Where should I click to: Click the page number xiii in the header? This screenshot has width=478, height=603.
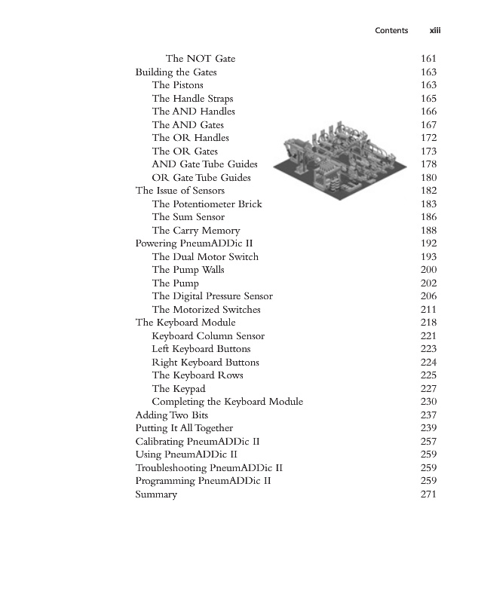pyautogui.click(x=434, y=31)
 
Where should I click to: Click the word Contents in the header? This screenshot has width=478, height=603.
pyautogui.click(x=392, y=31)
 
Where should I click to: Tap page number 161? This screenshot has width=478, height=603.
pyautogui.click(x=427, y=59)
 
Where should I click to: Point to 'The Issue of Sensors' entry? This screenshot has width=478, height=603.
pyautogui.click(x=179, y=191)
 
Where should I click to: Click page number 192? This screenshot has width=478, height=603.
pyautogui.click(x=427, y=243)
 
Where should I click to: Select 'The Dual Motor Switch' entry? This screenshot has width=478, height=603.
pyautogui.click(x=205, y=257)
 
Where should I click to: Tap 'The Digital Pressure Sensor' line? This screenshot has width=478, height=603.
pyautogui.click(x=212, y=296)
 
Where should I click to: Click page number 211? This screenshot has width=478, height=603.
pyautogui.click(x=427, y=310)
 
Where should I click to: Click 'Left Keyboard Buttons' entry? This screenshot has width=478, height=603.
pyautogui.click(x=201, y=349)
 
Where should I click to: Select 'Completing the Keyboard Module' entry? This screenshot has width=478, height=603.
pyautogui.click(x=227, y=402)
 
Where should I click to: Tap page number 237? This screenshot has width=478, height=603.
pyautogui.click(x=427, y=415)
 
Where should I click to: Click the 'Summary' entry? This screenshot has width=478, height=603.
pyautogui.click(x=156, y=494)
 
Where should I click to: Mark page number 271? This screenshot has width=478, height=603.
pyautogui.click(x=427, y=494)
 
